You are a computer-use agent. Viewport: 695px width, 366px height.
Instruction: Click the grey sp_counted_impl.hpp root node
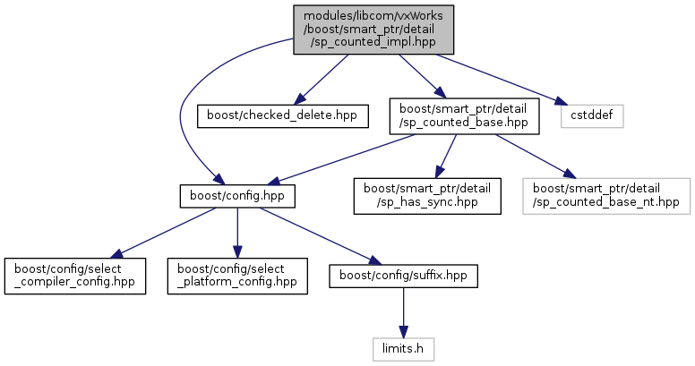(373, 30)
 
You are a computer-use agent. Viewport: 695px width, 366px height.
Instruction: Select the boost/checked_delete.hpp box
(282, 116)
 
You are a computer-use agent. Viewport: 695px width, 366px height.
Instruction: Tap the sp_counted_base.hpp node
(464, 116)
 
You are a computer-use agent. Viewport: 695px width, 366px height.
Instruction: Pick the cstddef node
(592, 116)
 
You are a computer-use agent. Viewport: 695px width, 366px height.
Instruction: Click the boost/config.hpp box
(237, 196)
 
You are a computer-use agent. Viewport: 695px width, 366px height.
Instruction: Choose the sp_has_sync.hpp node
(427, 196)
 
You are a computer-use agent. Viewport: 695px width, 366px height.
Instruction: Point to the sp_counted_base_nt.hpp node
(606, 196)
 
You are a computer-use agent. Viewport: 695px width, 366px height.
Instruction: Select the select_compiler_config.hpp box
(75, 276)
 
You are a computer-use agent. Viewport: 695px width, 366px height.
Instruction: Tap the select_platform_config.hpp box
(237, 276)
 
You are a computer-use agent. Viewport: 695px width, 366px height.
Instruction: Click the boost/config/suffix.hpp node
(403, 276)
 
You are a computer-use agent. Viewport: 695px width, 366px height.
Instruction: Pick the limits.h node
(403, 349)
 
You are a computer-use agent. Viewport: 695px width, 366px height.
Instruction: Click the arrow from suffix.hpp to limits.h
(403, 313)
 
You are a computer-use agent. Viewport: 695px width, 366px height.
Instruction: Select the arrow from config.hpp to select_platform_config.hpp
(237, 233)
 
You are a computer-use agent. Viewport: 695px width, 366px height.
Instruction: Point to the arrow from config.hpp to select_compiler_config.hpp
(163, 233)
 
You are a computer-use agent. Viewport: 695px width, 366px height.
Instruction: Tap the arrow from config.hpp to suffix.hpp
(320, 235)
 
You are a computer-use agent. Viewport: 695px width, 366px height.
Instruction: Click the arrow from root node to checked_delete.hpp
(322, 80)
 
